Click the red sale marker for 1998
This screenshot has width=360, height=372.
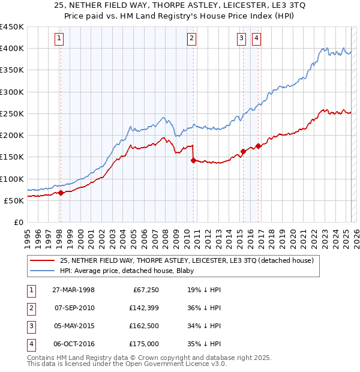(x=61, y=193)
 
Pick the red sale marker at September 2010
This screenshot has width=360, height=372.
(x=193, y=160)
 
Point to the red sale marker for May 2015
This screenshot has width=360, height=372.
(x=243, y=152)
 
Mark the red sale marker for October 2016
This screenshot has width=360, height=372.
(x=258, y=146)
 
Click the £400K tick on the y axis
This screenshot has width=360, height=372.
(x=12, y=49)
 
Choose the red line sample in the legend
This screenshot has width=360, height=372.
(x=43, y=260)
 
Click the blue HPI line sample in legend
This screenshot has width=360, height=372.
(x=43, y=271)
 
